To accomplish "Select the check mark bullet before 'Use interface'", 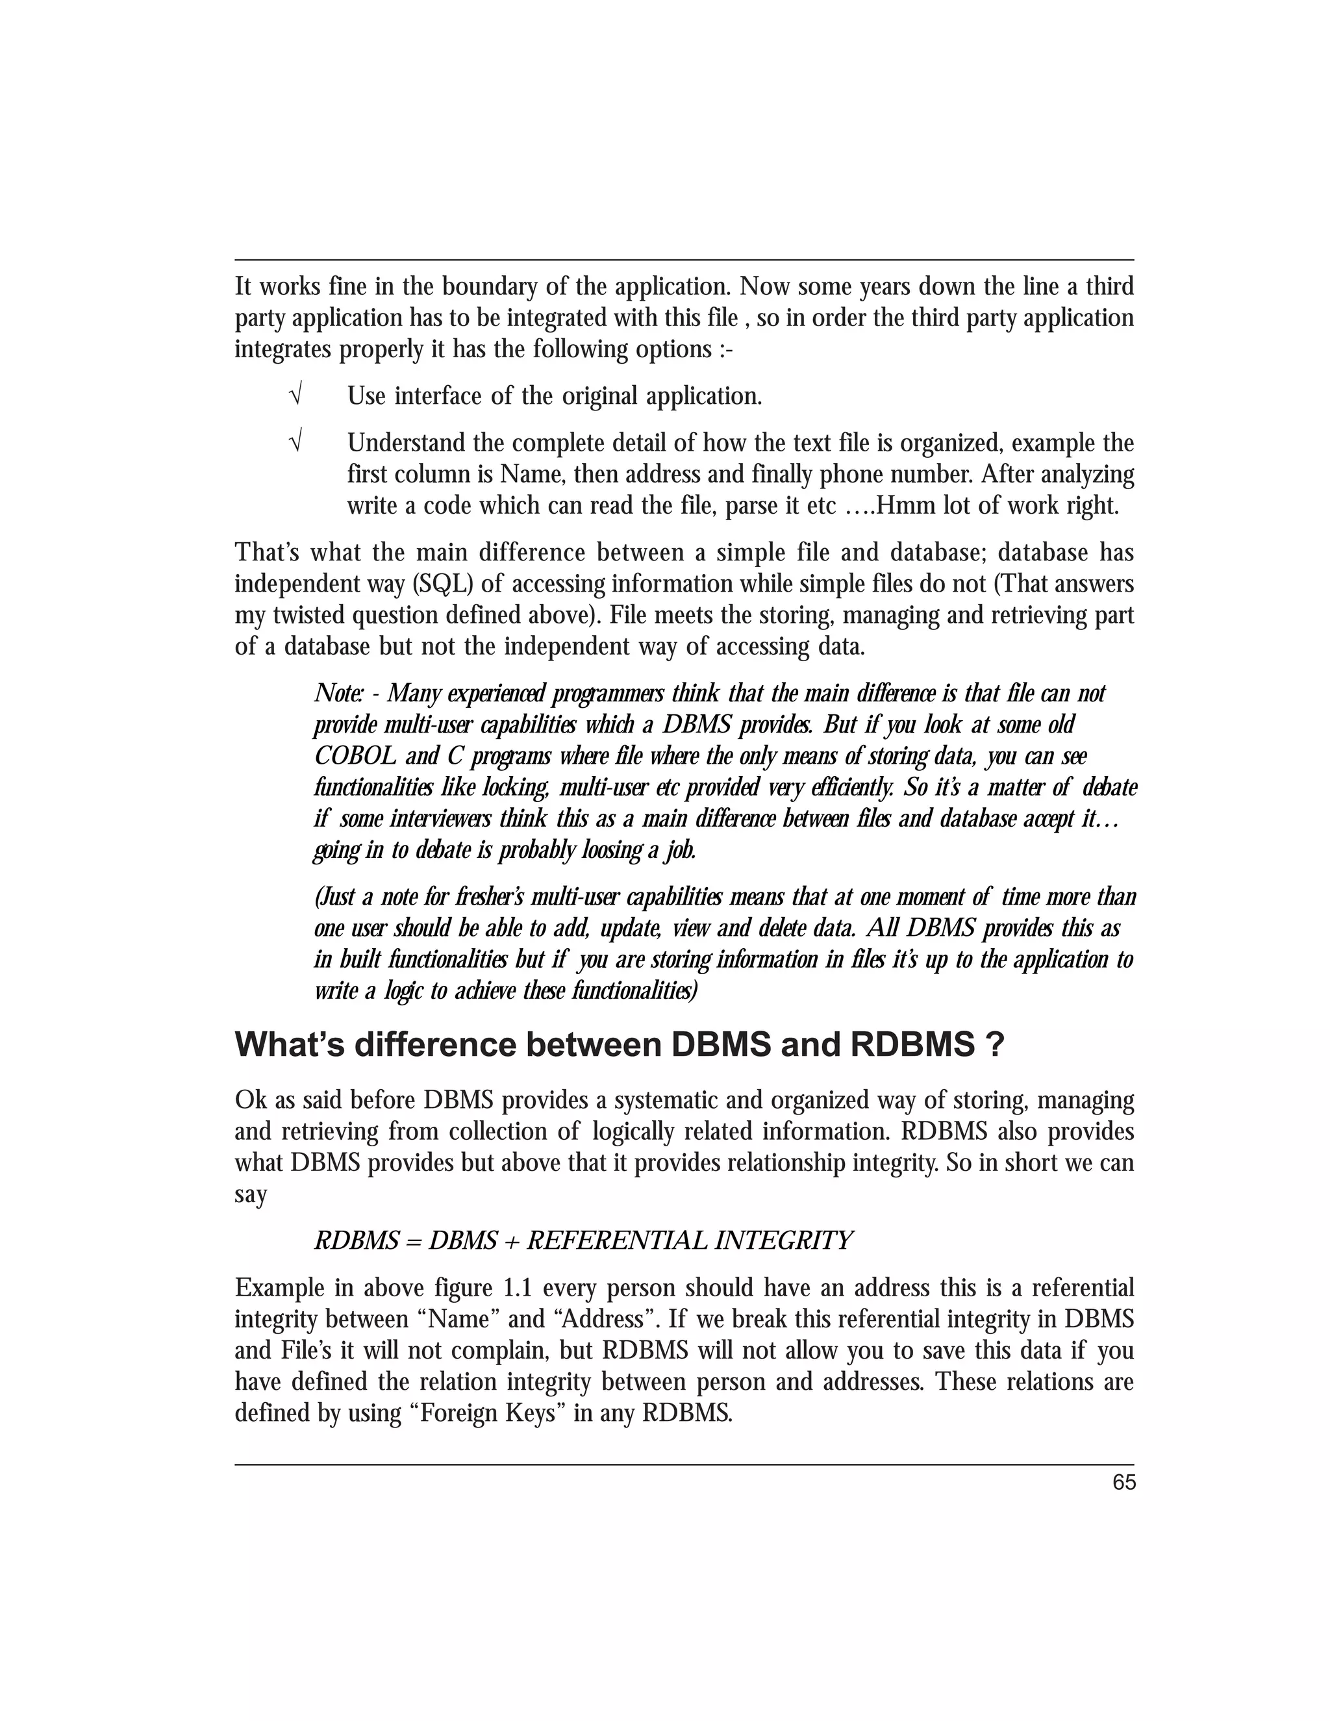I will pos(296,396).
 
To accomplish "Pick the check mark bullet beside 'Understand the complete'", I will pos(296,443).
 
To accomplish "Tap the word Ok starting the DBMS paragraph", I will pos(250,1100).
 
